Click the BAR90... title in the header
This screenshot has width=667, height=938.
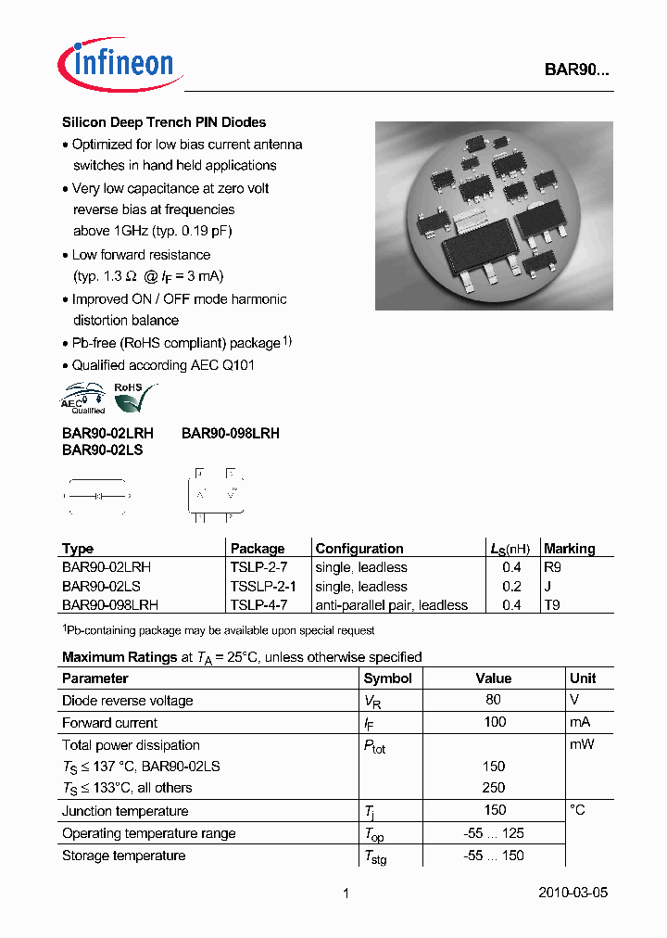576,70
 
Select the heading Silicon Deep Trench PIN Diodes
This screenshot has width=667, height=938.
164,122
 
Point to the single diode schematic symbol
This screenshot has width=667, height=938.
96,498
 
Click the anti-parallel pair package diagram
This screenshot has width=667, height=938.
215,496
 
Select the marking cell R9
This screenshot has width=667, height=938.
552,567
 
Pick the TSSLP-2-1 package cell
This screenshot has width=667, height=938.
263,587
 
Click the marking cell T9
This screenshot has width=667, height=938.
552,605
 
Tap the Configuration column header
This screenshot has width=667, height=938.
359,549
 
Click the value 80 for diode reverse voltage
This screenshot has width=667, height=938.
494,701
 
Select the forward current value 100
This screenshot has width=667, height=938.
494,723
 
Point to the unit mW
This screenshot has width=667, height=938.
582,745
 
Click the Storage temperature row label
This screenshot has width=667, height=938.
123,856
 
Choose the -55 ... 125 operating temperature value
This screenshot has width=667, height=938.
494,833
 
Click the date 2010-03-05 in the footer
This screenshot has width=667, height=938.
573,894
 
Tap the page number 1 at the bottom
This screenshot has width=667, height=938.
346,894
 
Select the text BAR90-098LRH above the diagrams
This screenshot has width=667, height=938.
231,434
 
